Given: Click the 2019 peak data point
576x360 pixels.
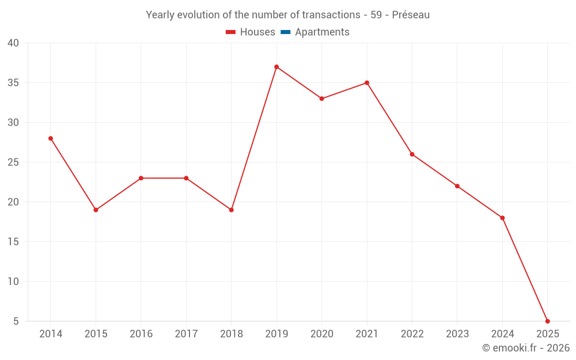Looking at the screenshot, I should tap(276, 67).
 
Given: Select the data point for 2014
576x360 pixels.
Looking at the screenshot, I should tap(51, 138).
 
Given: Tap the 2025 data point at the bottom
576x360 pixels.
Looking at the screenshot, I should tap(547, 321).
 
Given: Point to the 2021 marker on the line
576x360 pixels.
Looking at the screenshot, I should tap(367, 83).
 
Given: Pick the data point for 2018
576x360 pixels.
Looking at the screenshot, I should tap(232, 210).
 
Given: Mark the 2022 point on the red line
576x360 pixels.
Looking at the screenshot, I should tap(412, 154).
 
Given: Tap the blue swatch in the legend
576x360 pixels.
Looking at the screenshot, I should tap(285, 32).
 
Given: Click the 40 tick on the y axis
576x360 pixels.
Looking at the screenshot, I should tap(13, 43).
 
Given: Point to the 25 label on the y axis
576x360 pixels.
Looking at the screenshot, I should tap(13, 162).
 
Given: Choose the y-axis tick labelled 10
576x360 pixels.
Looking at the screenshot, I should tap(13, 282).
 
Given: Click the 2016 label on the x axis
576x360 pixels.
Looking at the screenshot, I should tap(141, 334).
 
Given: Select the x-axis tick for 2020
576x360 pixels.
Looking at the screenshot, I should tap(321, 334).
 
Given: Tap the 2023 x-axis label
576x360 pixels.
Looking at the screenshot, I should tap(457, 334).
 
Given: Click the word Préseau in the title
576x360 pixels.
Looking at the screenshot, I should tap(411, 15).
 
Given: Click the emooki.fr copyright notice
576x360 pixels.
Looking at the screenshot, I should tap(525, 348).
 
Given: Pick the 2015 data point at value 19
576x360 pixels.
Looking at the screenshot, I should tap(96, 210).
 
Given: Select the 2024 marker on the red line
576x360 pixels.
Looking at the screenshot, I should tap(502, 218).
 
